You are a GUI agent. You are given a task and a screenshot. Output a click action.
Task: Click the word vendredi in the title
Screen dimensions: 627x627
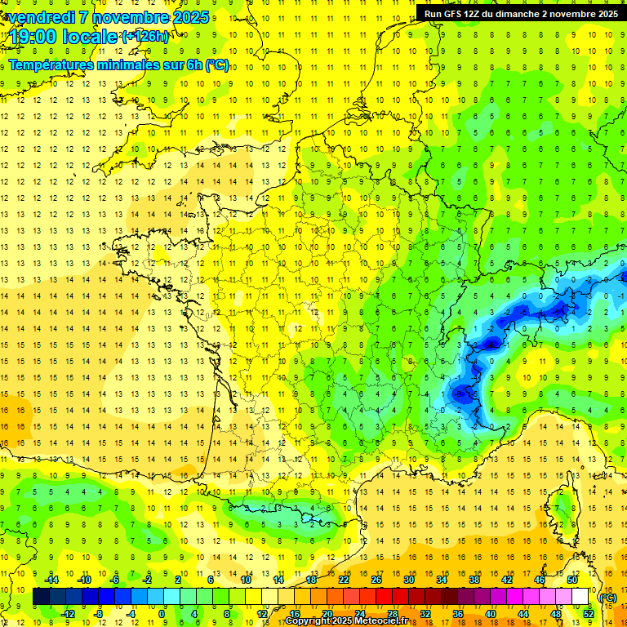(x=42, y=17)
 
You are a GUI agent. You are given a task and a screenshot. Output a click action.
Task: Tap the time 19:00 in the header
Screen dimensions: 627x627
(x=36, y=37)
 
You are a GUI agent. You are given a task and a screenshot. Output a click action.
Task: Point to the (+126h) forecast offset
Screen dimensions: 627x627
(x=145, y=37)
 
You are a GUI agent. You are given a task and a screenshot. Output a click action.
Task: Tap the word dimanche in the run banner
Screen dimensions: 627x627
(x=527, y=14)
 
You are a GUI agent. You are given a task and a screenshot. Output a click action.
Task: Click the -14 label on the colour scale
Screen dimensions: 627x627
(x=52, y=580)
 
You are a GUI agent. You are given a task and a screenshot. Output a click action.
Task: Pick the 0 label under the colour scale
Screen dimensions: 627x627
(x=162, y=614)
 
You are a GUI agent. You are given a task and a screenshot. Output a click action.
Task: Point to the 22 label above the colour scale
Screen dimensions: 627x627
(x=344, y=580)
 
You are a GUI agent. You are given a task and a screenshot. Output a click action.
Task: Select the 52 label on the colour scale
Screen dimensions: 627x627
(x=588, y=614)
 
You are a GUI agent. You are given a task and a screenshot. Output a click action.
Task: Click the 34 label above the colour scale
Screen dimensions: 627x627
(x=442, y=580)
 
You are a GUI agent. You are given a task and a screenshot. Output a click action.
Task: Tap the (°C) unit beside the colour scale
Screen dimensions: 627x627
(x=608, y=598)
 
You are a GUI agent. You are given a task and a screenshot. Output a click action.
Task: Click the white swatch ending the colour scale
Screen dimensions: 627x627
(x=580, y=597)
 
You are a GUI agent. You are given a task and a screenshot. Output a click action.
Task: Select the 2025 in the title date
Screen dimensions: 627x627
(x=185, y=17)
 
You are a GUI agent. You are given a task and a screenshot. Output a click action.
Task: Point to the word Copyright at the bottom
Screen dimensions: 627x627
(x=309, y=621)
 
